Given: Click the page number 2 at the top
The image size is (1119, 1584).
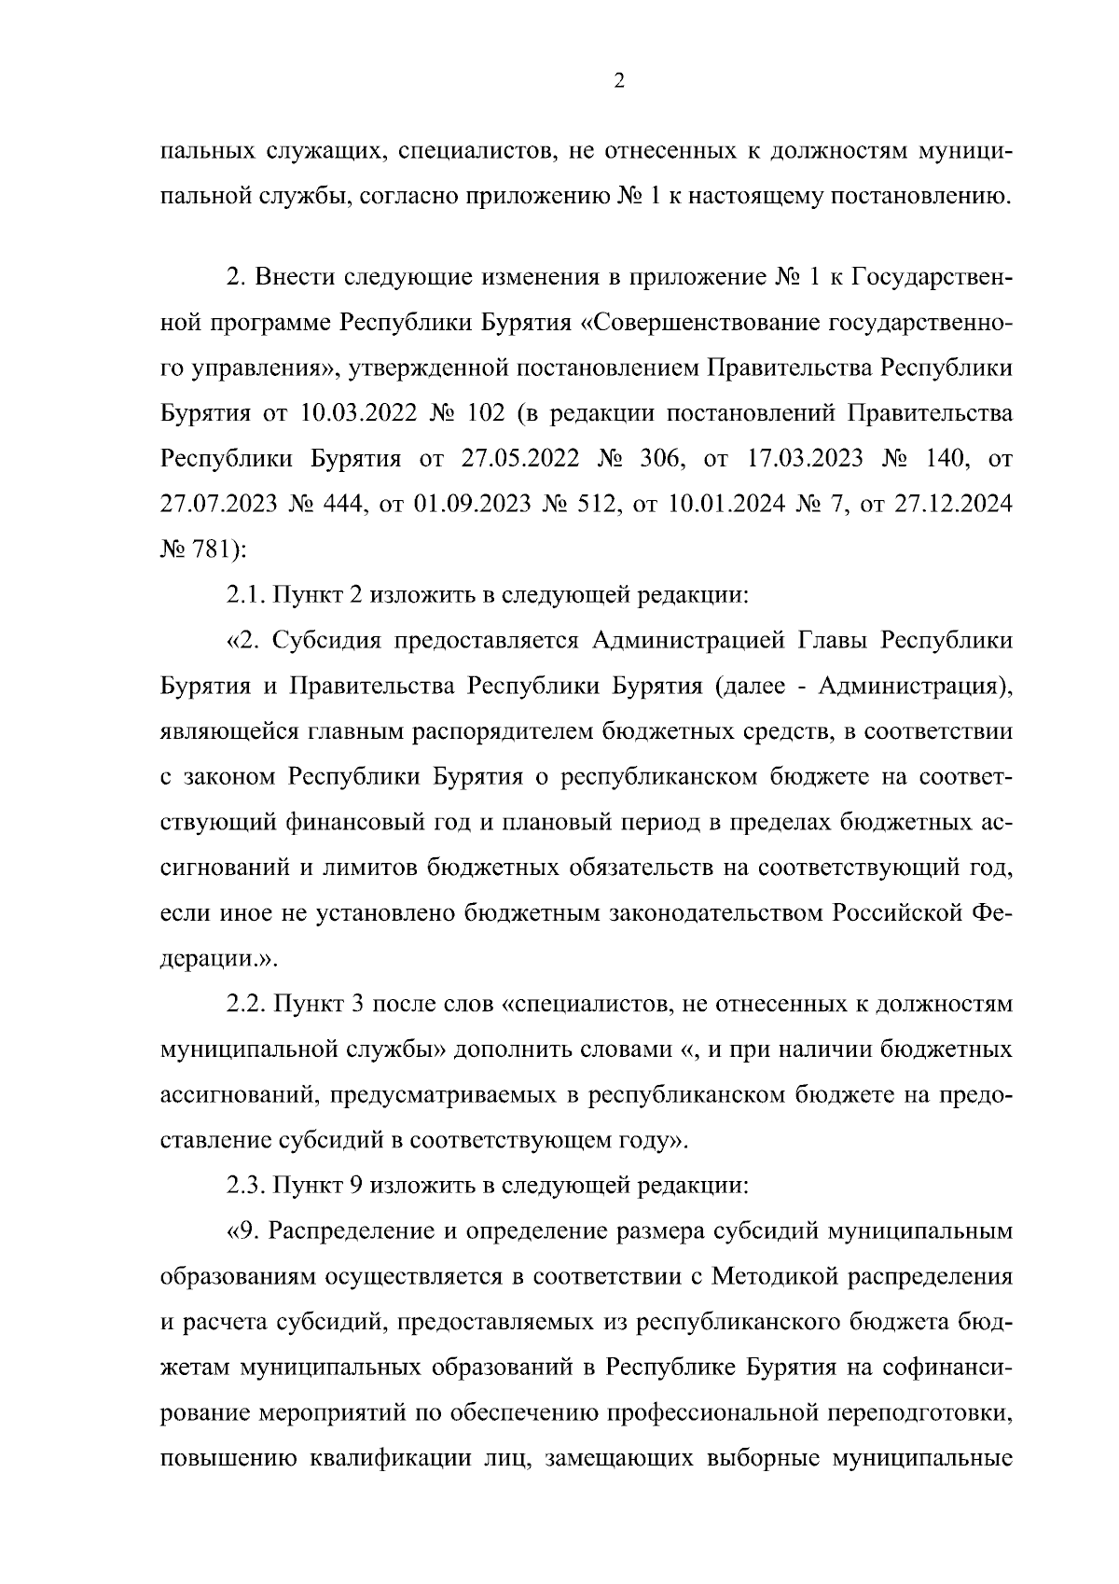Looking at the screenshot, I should [620, 81].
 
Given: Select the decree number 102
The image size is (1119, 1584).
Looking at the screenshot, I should [481, 413].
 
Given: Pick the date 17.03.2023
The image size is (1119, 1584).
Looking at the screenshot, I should [810, 459].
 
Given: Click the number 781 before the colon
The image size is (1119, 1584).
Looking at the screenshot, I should [214, 550].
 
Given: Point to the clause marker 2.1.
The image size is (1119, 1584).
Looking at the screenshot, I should [243, 596].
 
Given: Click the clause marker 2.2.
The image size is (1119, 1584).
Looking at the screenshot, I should [244, 1005].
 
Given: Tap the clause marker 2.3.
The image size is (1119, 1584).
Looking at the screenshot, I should [244, 1187].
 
